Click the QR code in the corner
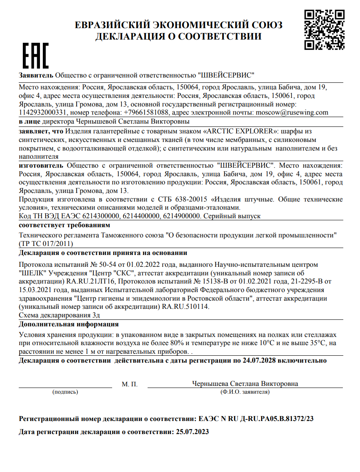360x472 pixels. [324, 30]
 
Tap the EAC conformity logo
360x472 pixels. [35, 55]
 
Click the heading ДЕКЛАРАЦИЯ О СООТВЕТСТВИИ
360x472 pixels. [178, 37]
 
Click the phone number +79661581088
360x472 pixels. [146, 112]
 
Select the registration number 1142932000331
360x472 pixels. [43, 112]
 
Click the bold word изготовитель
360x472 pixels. [41, 166]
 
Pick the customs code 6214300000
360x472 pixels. [100, 216]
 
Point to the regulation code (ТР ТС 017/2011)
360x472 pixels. [46, 244]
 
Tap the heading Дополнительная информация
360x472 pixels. [69, 324]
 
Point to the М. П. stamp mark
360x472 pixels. [130, 384]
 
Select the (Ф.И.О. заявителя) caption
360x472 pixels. [245, 392]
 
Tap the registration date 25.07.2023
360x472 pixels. [191, 431]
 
